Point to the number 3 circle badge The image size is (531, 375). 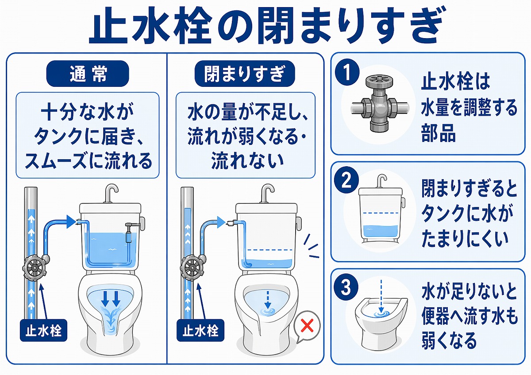tap(348, 288)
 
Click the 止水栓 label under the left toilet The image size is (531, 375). tap(43, 330)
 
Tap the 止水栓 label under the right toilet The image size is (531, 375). tap(200, 330)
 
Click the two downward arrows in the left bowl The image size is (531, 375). tap(110, 300)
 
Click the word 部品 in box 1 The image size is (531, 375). tap(438, 133)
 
